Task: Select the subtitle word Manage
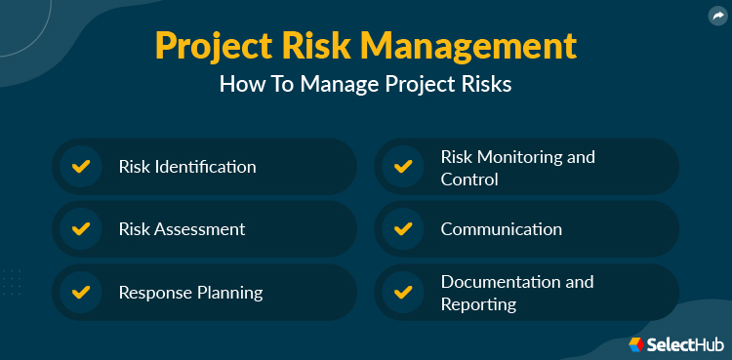point(345,85)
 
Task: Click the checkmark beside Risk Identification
point(81,166)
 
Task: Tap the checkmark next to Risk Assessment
point(81,229)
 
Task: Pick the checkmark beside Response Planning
point(81,292)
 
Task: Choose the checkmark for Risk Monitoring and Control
point(402,166)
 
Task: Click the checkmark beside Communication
point(402,229)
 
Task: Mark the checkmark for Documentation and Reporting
point(402,292)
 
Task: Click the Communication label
point(501,229)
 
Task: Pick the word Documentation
point(504,282)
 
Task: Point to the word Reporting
point(478,304)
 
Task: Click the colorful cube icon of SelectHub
point(635,344)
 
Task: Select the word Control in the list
point(469,180)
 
